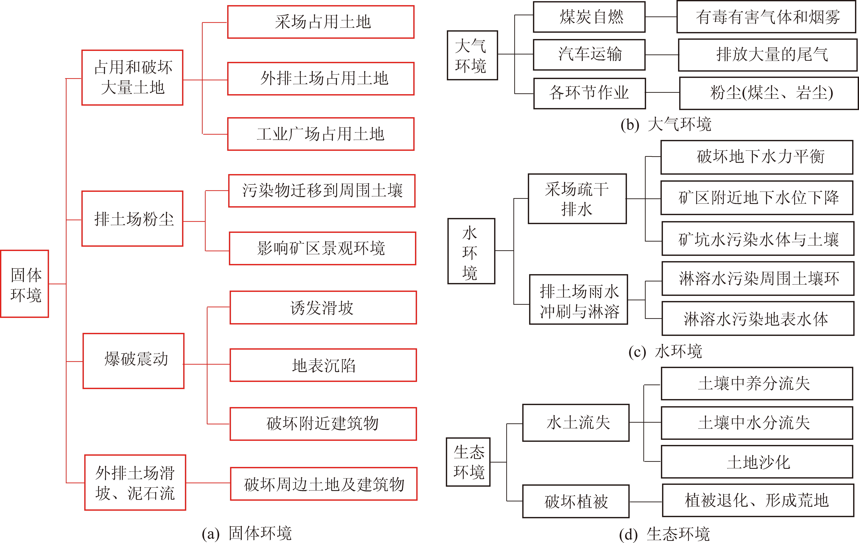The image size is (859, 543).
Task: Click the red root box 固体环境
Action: [25, 284]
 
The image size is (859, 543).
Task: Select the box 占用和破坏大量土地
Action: [132, 77]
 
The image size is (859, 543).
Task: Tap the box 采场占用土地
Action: [321, 22]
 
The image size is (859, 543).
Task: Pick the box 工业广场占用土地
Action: [321, 134]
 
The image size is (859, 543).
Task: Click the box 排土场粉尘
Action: [132, 219]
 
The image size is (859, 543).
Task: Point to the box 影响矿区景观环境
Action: [322, 248]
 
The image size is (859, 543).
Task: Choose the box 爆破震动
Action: [133, 361]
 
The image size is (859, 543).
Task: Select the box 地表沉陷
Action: [323, 365]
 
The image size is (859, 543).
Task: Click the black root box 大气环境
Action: [472, 55]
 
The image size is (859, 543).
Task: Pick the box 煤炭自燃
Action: [589, 17]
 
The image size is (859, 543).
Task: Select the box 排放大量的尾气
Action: [768, 55]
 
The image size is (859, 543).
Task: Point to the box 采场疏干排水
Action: [577, 199]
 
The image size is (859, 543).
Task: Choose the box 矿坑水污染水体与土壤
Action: [758, 238]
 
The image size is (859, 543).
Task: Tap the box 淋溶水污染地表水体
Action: [758, 318]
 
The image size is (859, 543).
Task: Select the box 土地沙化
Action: [757, 462]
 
